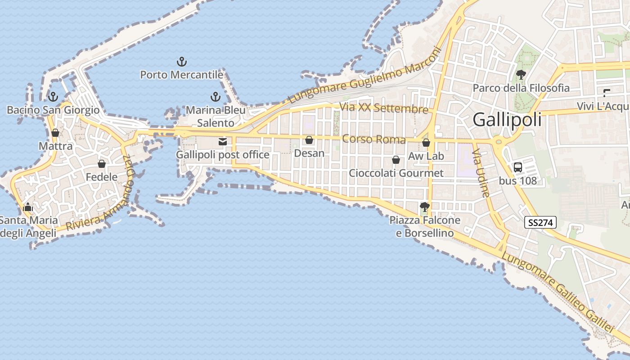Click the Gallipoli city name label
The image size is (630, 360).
coord(507,120)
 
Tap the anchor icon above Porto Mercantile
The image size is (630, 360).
coord(181,62)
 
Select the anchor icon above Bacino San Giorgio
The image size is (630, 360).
coord(53,97)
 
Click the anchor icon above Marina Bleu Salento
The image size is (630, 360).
coord(216,97)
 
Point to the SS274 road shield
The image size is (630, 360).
coord(540,222)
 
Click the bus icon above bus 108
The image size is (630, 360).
coord(518,168)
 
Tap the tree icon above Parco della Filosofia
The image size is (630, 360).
coord(521,75)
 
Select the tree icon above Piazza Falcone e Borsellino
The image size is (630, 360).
coord(424,207)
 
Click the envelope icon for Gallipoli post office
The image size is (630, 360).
coord(222,142)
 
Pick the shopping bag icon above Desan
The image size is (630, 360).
coord(309,140)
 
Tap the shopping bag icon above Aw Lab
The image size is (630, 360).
coord(426,143)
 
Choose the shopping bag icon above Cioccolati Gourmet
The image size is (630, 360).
coord(396,160)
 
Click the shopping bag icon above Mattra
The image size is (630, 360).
coord(55,133)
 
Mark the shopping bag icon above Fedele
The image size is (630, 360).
coord(102,164)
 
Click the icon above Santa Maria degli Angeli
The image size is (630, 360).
coord(28,207)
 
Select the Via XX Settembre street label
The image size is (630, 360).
coord(383,108)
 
